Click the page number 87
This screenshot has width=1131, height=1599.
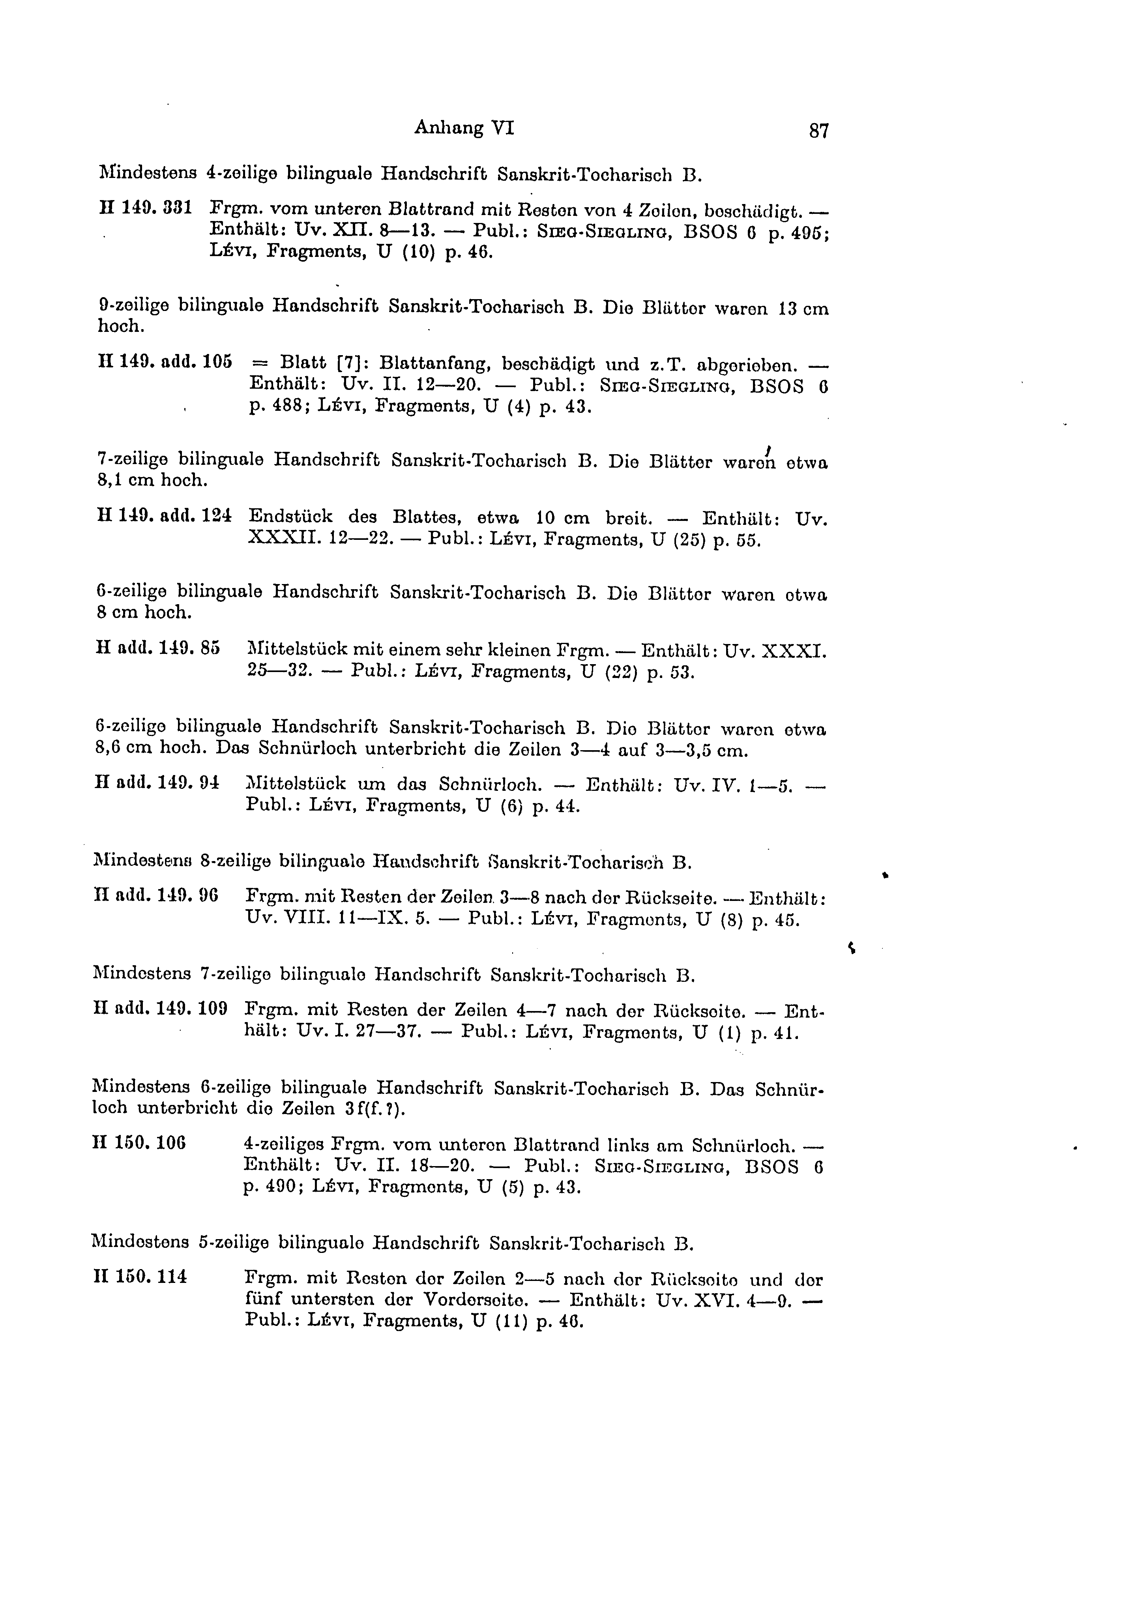[819, 131]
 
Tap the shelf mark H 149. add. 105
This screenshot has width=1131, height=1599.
[166, 363]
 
